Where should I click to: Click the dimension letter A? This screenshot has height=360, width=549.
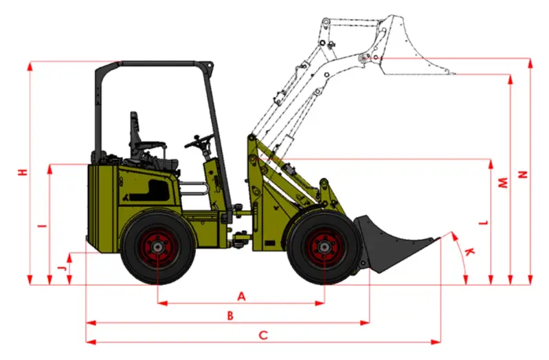point(241,297)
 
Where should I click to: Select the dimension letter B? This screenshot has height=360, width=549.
point(230,315)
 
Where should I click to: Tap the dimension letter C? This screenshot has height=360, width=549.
point(263,335)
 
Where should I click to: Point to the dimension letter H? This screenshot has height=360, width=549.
point(23,172)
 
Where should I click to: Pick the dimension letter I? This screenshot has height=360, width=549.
point(43,226)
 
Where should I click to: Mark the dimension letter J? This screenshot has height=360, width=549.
point(62,268)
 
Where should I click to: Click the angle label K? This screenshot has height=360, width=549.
point(469,251)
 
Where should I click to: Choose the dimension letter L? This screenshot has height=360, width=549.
point(484,223)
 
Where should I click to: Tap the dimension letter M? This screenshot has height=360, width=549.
point(503,183)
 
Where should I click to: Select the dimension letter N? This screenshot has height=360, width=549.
point(523,175)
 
